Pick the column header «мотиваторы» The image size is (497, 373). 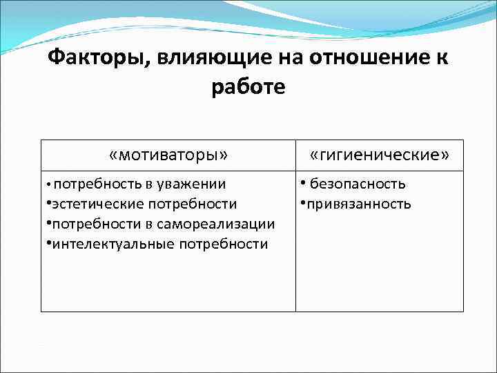pyautogui.click(x=168, y=155)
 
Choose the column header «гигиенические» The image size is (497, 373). pyautogui.click(x=380, y=155)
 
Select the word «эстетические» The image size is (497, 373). pyautogui.click(x=93, y=204)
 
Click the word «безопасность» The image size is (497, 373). pyautogui.click(x=358, y=184)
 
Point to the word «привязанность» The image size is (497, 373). pyautogui.click(x=359, y=204)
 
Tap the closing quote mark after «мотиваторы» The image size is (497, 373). pyautogui.click(x=223, y=155)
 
